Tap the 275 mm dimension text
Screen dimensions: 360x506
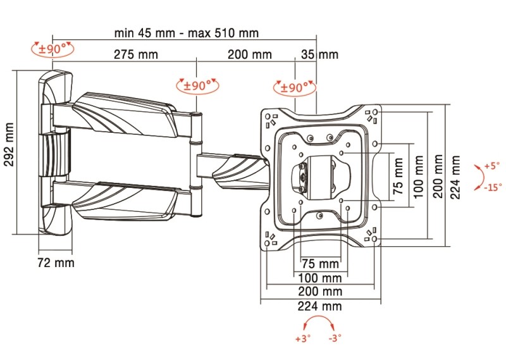pos(136,54)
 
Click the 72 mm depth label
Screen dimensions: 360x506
pos(56,262)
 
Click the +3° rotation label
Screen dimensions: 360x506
pos(303,338)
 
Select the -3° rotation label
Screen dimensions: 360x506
pos(335,338)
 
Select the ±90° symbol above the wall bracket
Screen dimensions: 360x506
pos(52,48)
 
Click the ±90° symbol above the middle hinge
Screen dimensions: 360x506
pos(197,85)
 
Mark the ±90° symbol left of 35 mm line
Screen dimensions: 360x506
pos(293,87)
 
